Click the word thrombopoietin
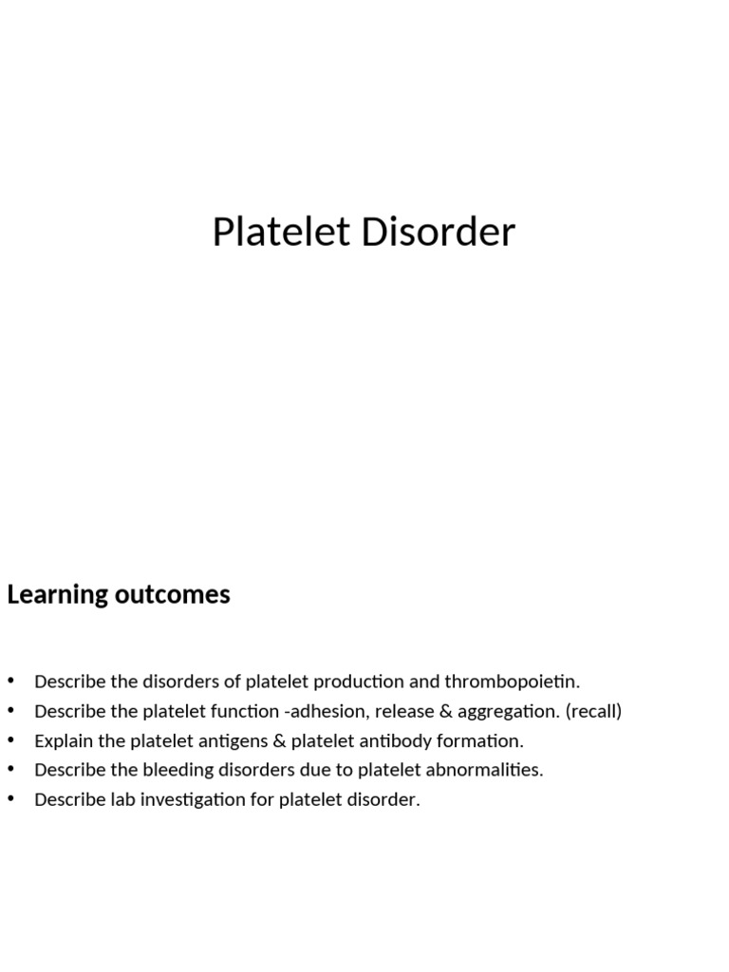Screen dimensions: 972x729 [x=512, y=682]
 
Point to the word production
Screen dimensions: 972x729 [x=360, y=682]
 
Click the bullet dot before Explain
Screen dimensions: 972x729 [x=11, y=739]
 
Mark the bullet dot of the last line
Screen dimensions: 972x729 [x=11, y=798]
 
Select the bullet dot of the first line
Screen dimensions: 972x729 [x=11, y=681]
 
